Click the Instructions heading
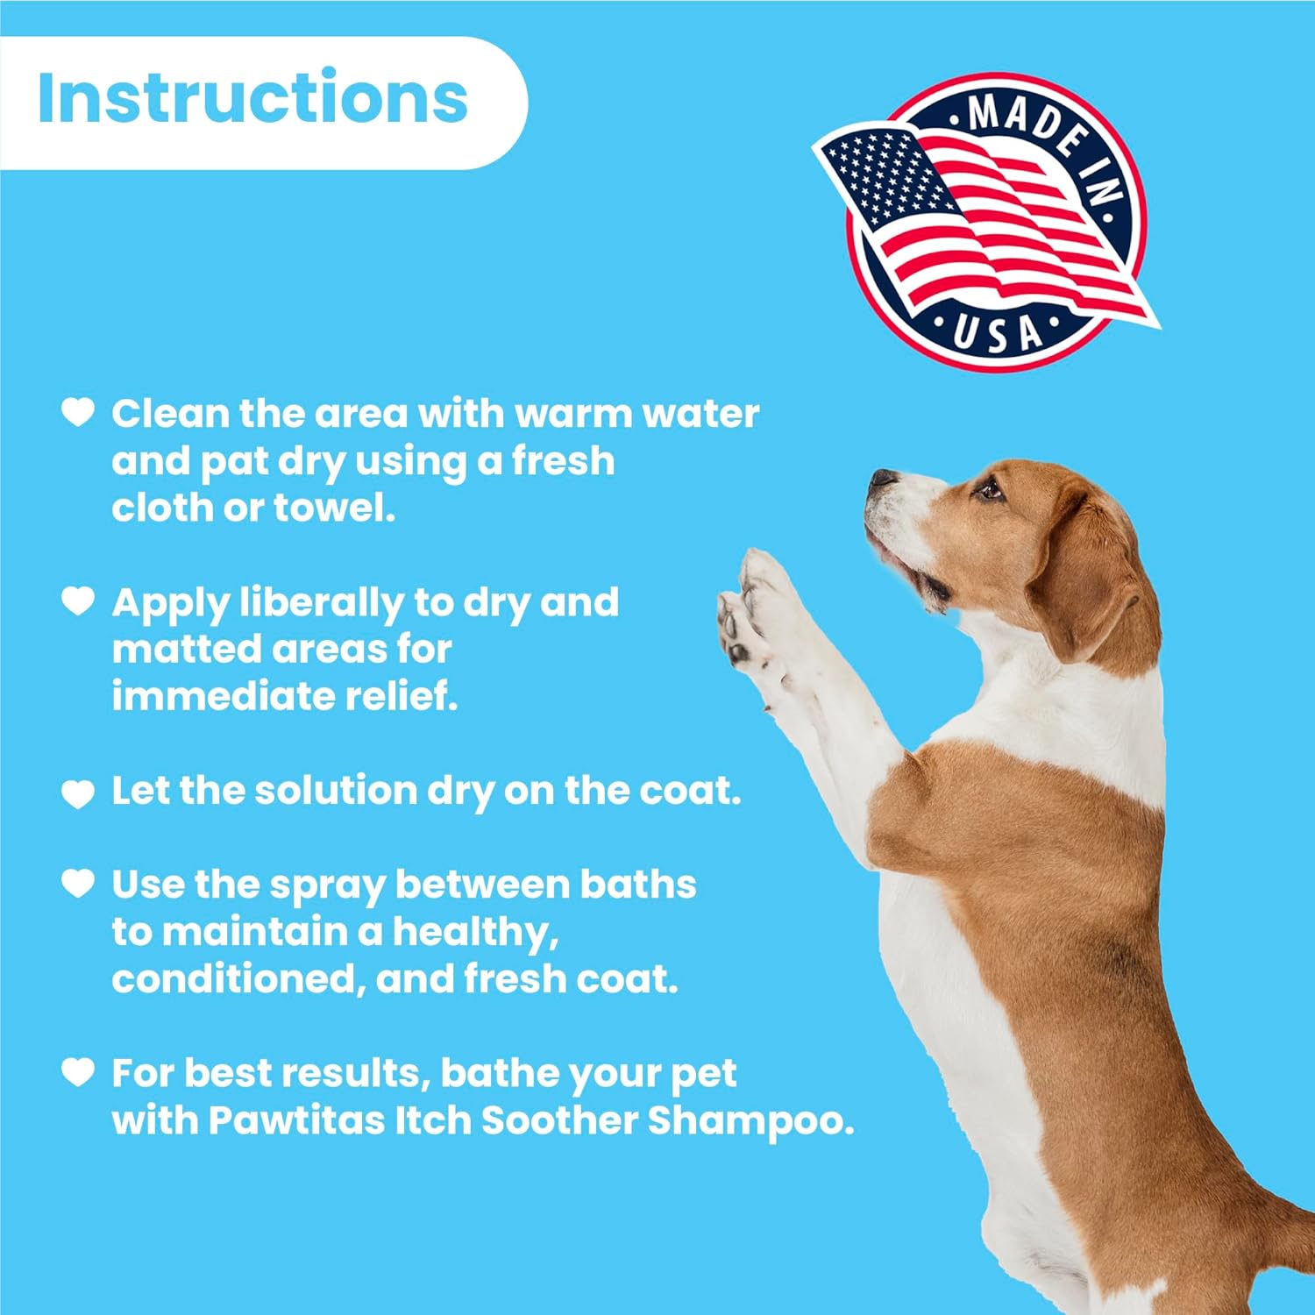tap(252, 96)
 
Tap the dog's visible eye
tap(989, 488)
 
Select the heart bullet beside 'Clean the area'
tap(78, 411)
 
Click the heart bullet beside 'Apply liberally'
tap(78, 601)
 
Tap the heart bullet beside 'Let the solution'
tap(78, 793)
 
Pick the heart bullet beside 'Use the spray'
tap(78, 883)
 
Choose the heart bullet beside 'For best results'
tap(78, 1071)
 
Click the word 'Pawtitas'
tap(296, 1120)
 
